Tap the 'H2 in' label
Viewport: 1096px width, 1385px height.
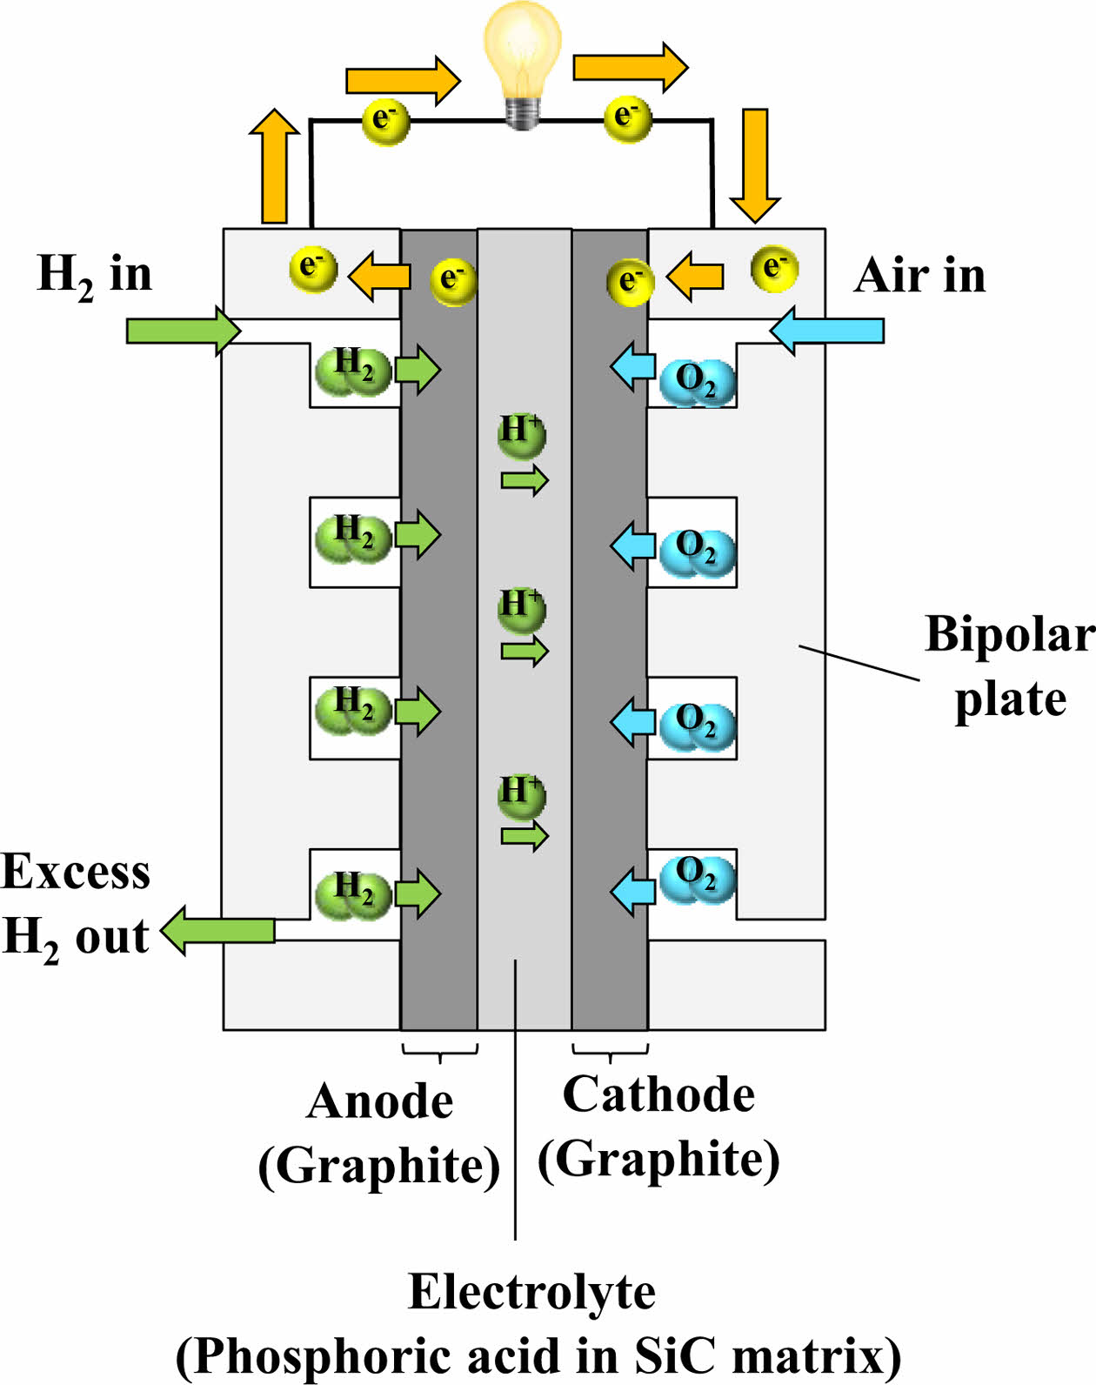[94, 275]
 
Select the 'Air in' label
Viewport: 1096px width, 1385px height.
[919, 277]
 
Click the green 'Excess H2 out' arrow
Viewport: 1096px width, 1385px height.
[217, 930]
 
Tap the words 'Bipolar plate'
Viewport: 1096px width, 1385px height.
[1009, 666]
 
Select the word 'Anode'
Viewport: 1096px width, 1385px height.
[380, 1101]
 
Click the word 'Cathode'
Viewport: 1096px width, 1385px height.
[658, 1094]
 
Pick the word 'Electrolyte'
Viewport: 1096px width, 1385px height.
[531, 1292]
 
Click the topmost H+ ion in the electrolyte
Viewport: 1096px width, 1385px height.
[521, 434]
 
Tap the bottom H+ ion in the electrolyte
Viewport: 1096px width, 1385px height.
[521, 795]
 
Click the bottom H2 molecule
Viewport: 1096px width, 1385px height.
[353, 893]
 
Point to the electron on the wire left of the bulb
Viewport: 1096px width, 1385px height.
[384, 121]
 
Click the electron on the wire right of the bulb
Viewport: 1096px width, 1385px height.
[627, 118]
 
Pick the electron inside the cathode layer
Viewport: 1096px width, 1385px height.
[629, 282]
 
